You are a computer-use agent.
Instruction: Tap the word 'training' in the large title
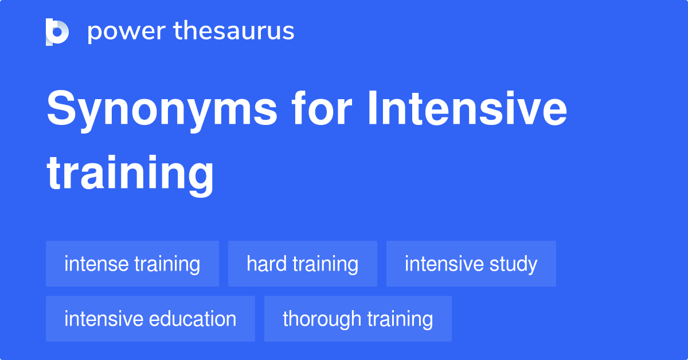point(130,173)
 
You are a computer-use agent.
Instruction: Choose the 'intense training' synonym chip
point(132,264)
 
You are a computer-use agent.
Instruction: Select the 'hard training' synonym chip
point(302,264)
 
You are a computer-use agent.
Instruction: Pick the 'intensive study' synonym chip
point(471,264)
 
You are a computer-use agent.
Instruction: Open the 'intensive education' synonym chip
point(150,319)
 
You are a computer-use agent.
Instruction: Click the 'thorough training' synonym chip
point(358,319)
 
